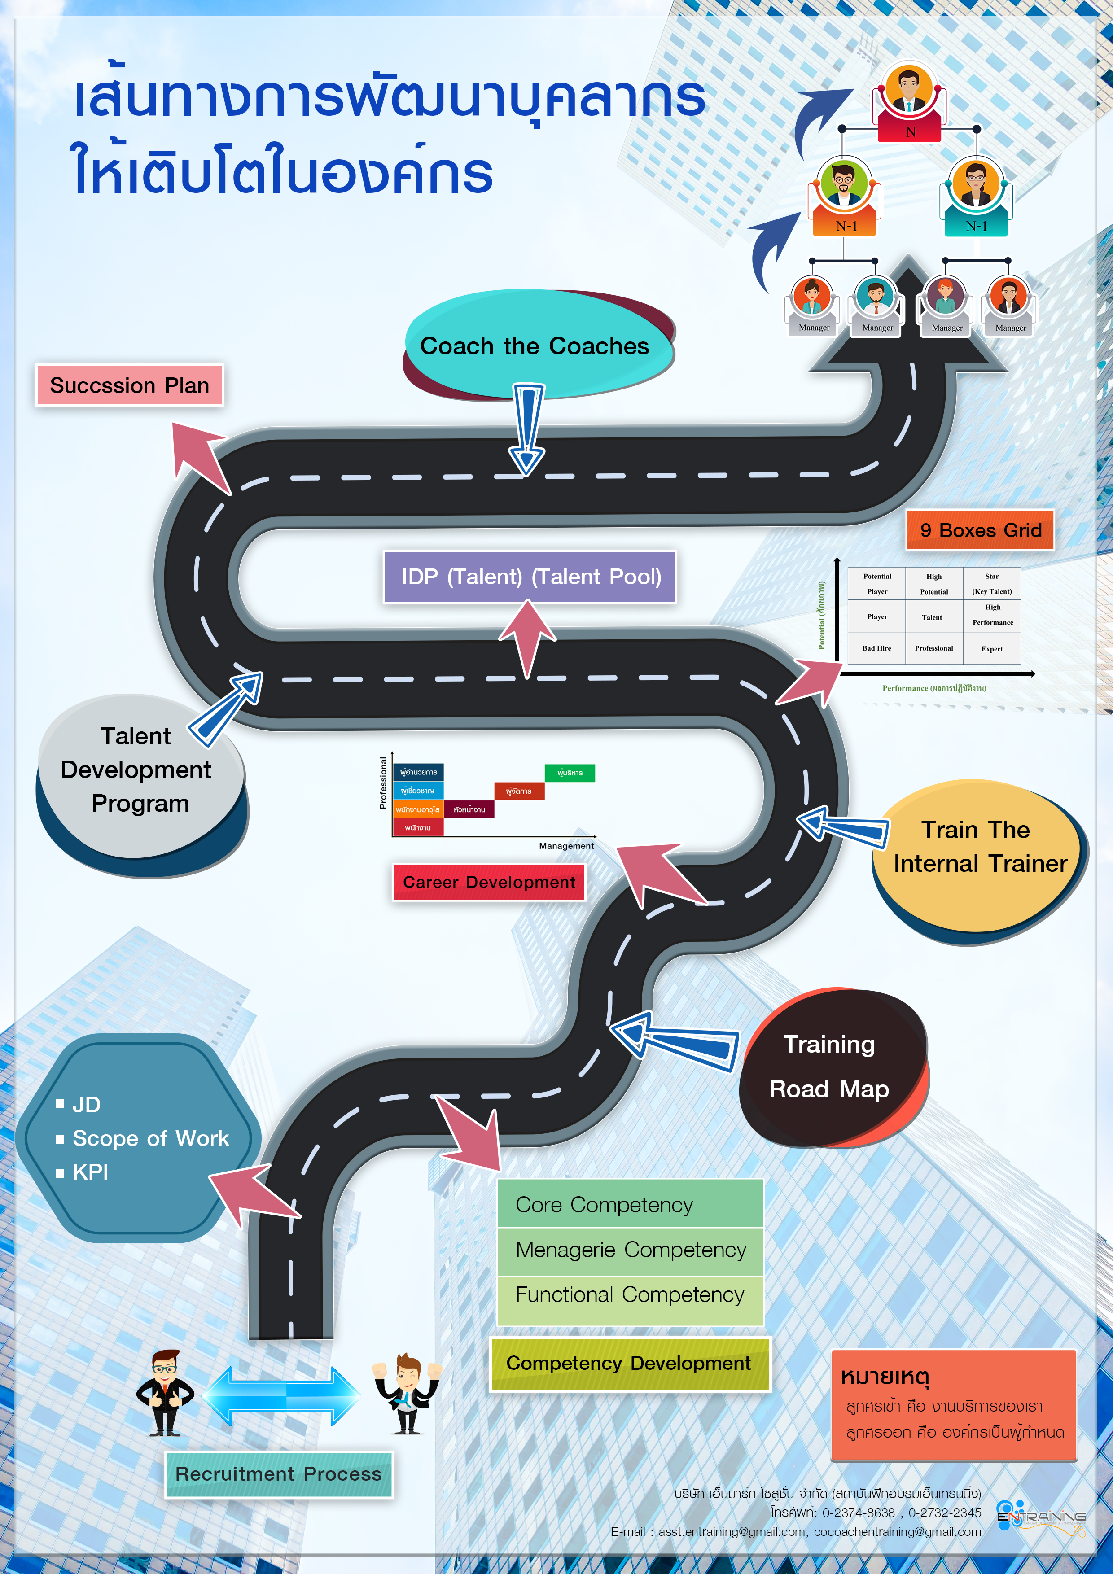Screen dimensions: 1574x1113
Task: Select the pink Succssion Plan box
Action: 130,385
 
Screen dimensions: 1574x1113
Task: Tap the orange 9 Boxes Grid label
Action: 980,530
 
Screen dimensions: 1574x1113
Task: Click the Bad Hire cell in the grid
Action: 876,648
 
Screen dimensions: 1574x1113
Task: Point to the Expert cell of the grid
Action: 992,648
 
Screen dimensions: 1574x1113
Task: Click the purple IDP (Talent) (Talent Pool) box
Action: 530,577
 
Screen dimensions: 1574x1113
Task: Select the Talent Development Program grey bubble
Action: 137,770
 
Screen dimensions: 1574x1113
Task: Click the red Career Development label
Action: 488,882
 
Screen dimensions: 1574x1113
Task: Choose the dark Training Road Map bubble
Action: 830,1066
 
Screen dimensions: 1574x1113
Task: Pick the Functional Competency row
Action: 630,1295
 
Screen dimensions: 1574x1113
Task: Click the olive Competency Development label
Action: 629,1363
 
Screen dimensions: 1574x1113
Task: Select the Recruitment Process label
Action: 278,1474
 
